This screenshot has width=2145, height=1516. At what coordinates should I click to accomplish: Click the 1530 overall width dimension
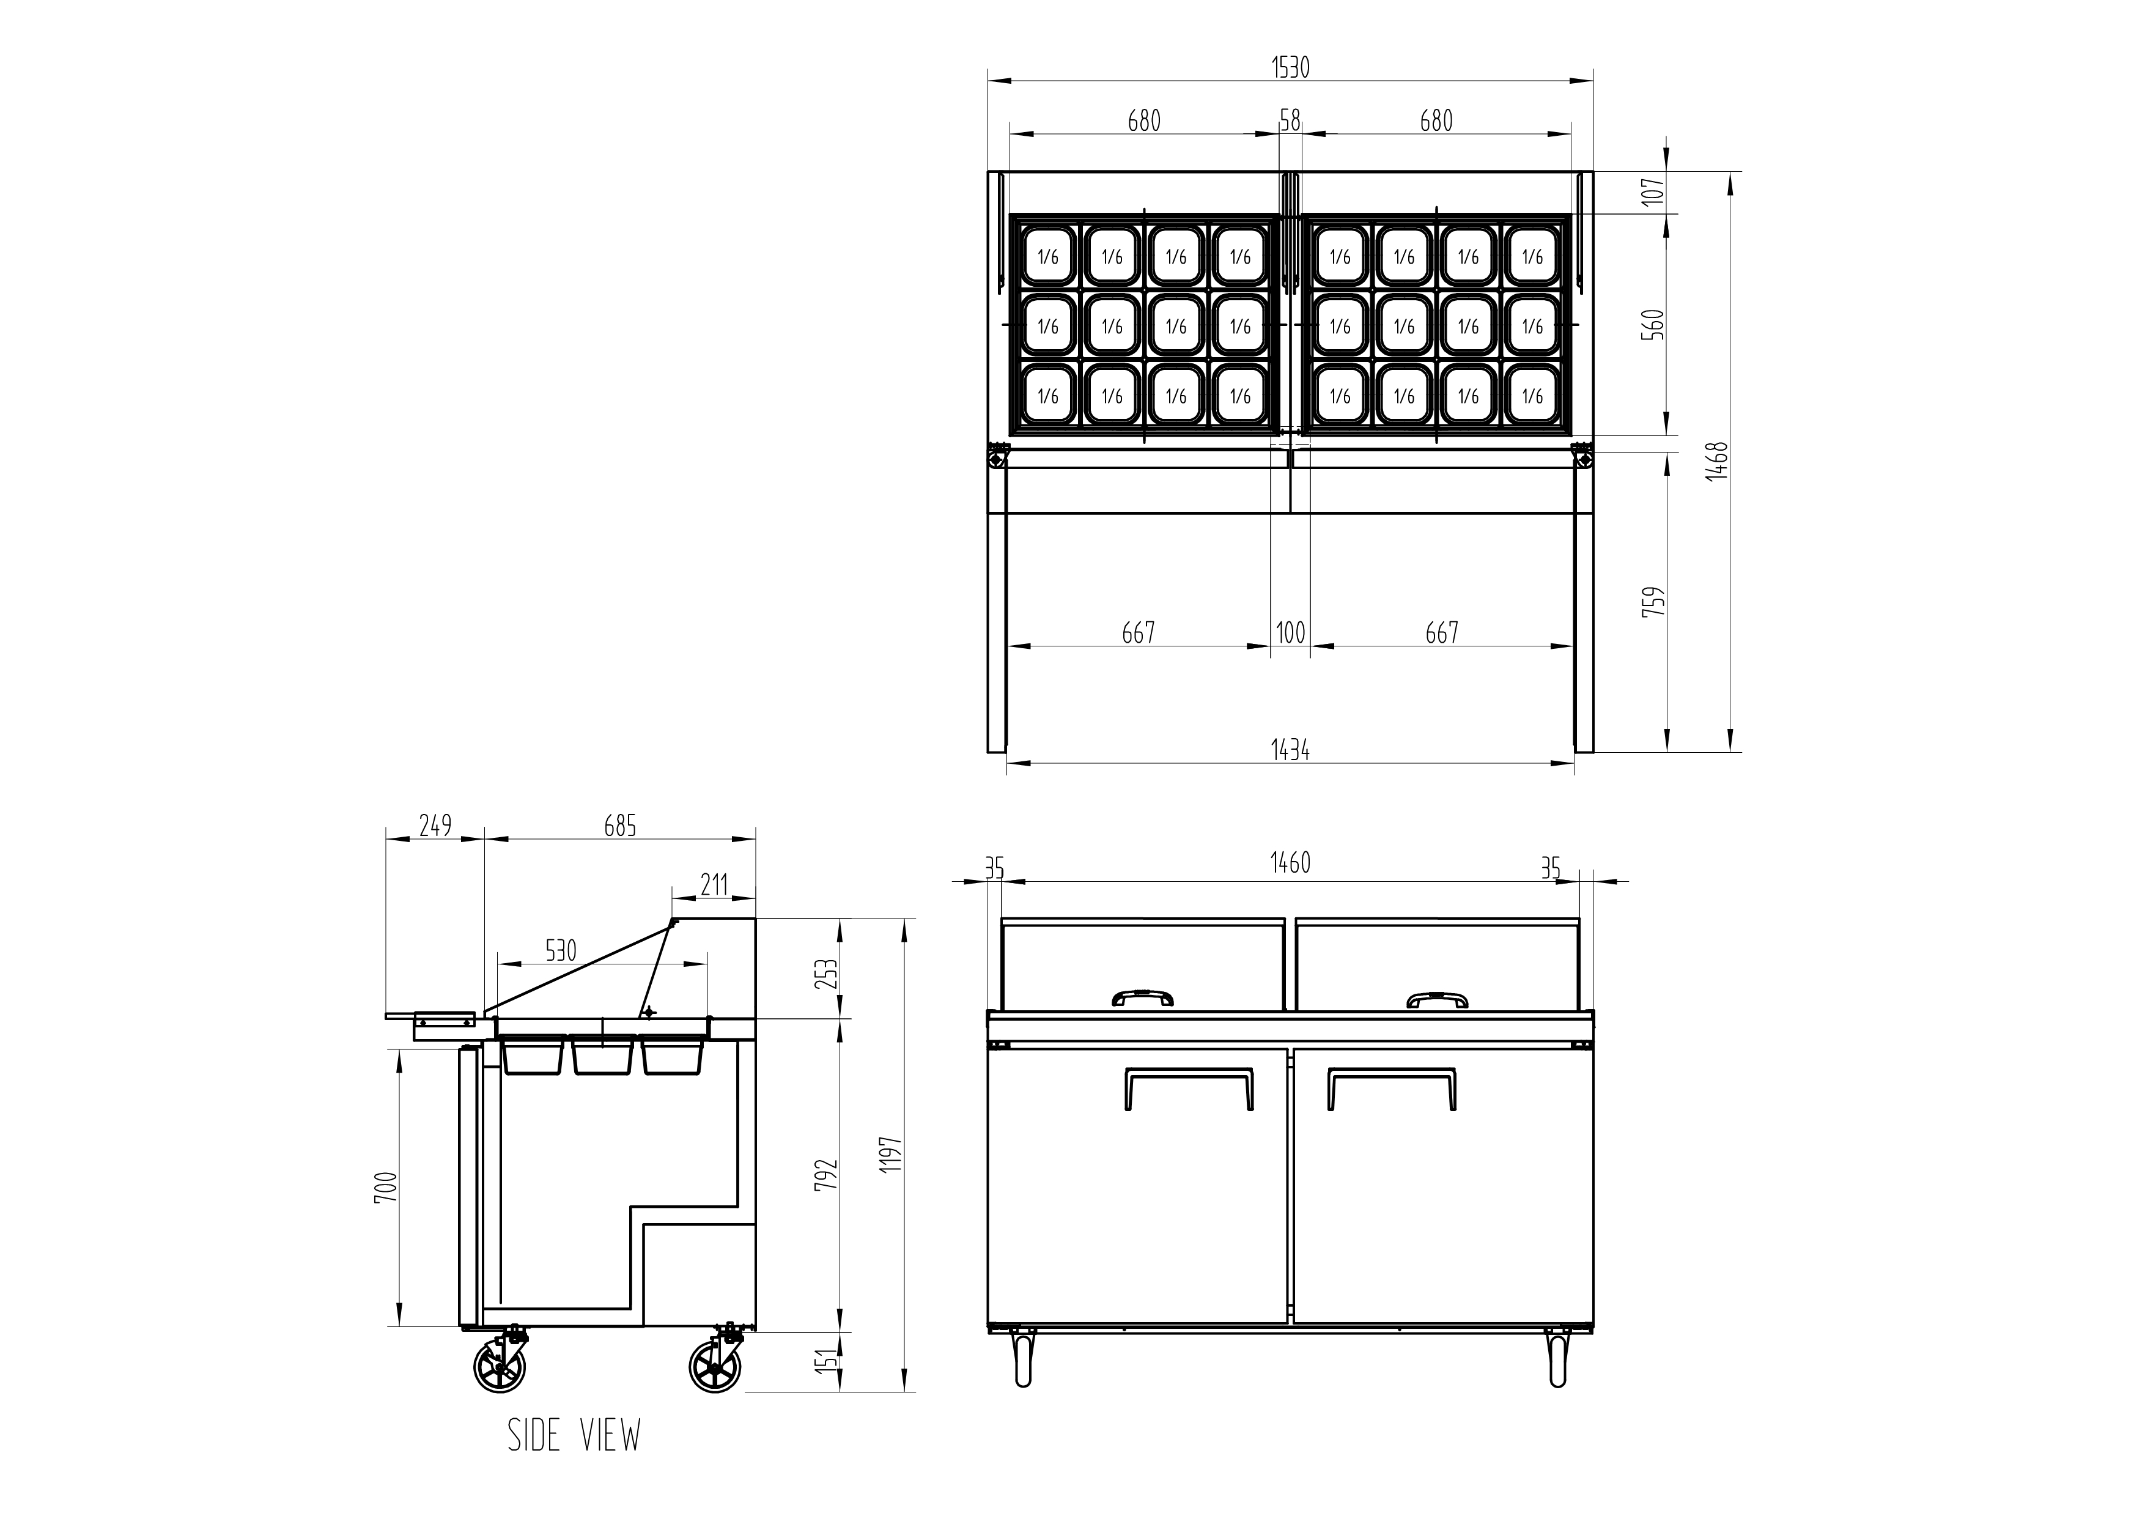(1291, 67)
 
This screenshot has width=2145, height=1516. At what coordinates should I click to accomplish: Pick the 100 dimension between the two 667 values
(1290, 632)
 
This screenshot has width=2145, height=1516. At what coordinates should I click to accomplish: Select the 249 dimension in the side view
(435, 826)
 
